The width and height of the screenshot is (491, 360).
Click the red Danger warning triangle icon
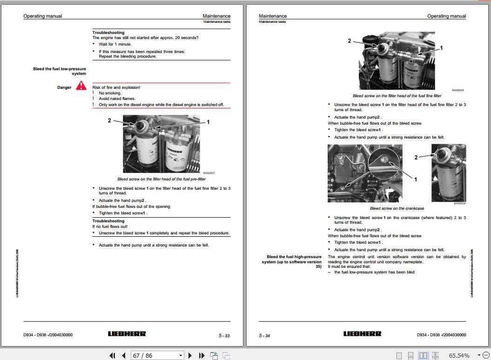tap(81, 86)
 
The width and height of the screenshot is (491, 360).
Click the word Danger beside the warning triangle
tap(64, 87)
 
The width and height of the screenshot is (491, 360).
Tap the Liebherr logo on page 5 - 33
tap(127, 334)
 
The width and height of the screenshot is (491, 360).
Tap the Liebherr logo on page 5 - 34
tap(363, 334)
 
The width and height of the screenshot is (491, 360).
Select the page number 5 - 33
tap(224, 335)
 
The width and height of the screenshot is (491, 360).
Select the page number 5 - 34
tap(264, 335)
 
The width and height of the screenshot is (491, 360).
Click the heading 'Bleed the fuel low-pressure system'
tap(60, 71)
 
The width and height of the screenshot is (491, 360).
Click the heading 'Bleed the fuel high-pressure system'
tap(294, 261)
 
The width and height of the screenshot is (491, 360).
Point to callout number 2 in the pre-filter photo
tap(109, 120)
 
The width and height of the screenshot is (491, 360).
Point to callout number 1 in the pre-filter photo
tap(208, 122)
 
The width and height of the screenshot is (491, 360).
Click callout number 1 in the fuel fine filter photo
tap(441, 48)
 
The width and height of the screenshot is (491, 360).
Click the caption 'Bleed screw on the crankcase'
tap(397, 208)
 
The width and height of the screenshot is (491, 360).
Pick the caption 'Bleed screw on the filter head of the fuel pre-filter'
tap(161, 179)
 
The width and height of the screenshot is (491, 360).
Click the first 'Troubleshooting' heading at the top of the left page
tap(108, 33)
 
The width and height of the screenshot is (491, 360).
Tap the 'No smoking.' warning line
tap(110, 93)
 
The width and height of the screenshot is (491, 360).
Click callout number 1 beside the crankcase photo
tap(416, 179)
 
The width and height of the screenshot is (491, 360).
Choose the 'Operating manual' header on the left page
tap(42, 16)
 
